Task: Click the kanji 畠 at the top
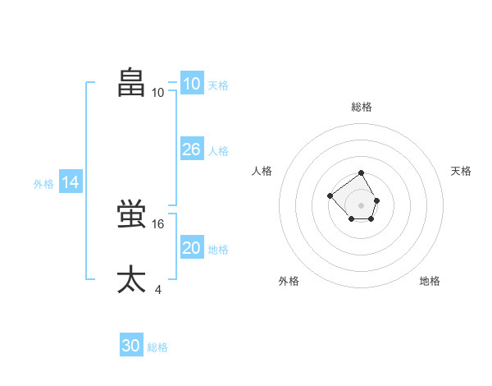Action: coord(132,82)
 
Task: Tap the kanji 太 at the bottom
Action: coord(132,279)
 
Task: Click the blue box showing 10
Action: coord(191,84)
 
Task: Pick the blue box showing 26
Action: coord(191,149)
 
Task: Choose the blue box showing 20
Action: coord(191,248)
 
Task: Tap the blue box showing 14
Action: coord(71,183)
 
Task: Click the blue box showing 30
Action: coord(131,346)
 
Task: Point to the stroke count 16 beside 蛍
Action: coord(159,223)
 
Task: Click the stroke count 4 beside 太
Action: coord(157,289)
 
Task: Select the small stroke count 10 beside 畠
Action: coord(158,92)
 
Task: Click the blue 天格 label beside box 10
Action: coord(218,85)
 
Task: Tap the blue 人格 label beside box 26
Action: coord(218,151)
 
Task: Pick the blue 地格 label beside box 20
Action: coord(218,250)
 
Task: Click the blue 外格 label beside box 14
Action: coord(43,185)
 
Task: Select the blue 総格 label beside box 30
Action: coord(157,347)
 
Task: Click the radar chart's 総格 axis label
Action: coord(362,107)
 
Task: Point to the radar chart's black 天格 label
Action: coord(461,171)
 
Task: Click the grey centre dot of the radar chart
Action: coord(362,204)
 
